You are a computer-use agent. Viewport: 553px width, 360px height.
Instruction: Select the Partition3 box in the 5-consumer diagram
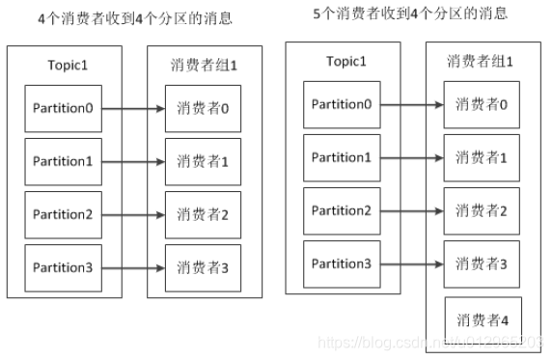click(x=341, y=263)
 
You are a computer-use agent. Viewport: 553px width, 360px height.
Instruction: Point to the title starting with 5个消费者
click(x=411, y=14)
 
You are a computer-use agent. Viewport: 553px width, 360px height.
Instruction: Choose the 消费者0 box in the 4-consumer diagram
click(x=202, y=109)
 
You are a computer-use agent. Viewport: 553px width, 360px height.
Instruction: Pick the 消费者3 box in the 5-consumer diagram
click(x=480, y=263)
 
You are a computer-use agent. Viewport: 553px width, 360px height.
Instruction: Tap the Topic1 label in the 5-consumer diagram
click(x=346, y=61)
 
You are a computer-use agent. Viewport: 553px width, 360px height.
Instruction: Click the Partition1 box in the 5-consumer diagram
click(x=341, y=157)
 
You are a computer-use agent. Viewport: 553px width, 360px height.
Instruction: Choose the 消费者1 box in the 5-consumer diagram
click(x=480, y=157)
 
